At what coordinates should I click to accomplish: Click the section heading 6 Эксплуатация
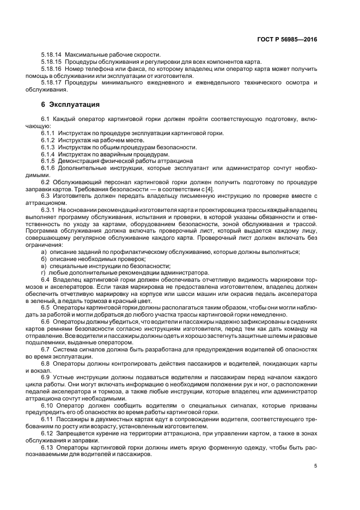pos(70,104)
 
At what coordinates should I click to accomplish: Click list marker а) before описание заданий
pos(44,252)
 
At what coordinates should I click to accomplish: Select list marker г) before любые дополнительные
pos(44,273)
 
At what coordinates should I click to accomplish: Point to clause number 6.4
pos(46,280)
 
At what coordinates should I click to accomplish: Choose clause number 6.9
pos(46,377)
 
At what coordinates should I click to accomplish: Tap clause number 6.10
pos(47,405)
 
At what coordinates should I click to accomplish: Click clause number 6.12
pos(47,433)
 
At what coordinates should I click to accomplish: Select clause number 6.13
pos(47,447)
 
